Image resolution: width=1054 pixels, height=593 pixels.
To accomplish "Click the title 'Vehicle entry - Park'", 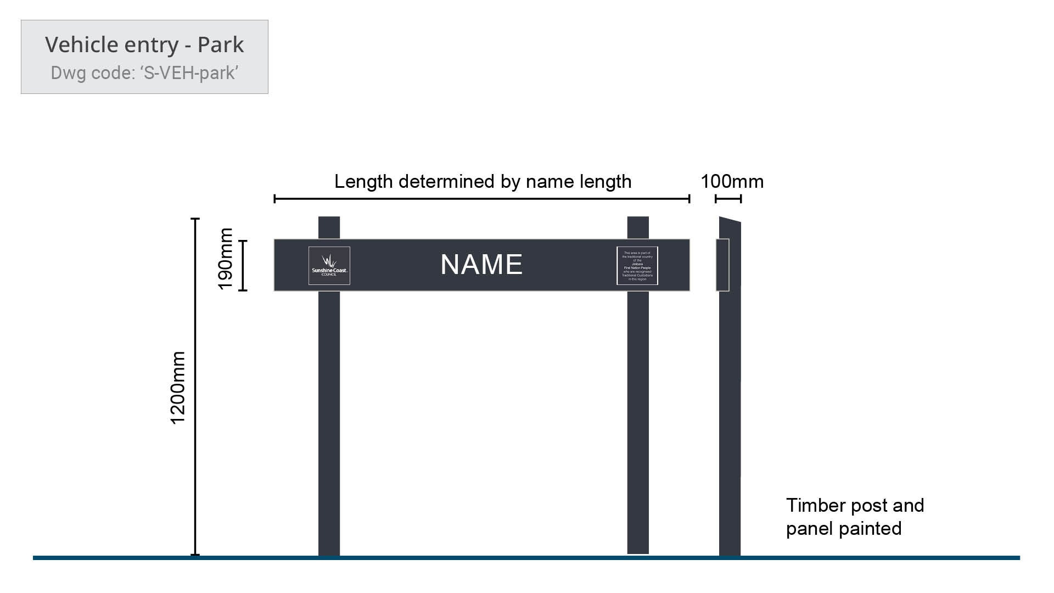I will [x=144, y=45].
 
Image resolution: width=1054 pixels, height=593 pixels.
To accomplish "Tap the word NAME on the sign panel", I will [x=481, y=265].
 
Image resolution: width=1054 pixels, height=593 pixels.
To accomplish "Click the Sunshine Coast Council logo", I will [x=329, y=266].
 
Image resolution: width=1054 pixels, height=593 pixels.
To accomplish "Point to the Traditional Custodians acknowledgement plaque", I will [x=637, y=266].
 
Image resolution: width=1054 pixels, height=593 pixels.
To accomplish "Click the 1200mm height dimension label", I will [x=178, y=388].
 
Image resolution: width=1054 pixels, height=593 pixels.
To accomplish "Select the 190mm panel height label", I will [x=226, y=259].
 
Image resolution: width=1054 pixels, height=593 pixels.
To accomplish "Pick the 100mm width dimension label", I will [x=732, y=182].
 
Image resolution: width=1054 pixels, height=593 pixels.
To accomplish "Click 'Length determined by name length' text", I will [x=483, y=182].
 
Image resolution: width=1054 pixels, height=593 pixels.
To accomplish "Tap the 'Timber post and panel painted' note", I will [x=855, y=517].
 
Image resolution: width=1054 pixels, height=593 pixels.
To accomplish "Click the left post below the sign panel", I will [x=329, y=423].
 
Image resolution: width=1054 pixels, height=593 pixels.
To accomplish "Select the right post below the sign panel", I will [x=638, y=423].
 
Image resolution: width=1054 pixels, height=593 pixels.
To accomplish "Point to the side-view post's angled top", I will [x=730, y=222].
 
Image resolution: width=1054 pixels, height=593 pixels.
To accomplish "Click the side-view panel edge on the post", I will [x=722, y=265].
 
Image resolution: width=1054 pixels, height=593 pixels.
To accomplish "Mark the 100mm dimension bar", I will [x=728, y=199].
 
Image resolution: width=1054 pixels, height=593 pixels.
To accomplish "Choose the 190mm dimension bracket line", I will [x=243, y=265].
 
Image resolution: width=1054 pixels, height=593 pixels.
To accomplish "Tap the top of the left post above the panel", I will [x=329, y=227].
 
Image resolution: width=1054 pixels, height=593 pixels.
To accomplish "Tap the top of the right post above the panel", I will [x=638, y=227].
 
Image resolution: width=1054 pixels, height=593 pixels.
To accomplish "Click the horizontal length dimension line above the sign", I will [x=481, y=199].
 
